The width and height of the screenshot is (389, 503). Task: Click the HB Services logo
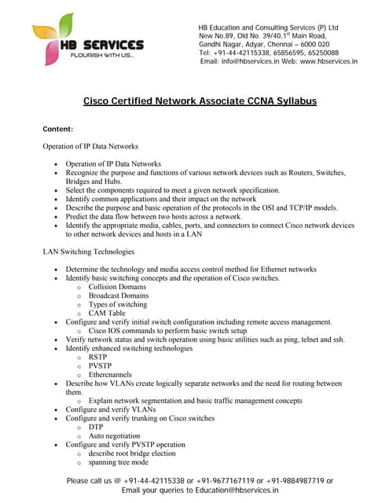[x=87, y=42]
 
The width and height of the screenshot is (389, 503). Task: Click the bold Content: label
[x=57, y=128]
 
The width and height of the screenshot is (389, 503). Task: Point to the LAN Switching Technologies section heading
[x=88, y=252]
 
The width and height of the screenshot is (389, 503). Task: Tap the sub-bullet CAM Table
[x=108, y=313]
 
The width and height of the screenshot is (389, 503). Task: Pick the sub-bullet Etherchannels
[x=110, y=374]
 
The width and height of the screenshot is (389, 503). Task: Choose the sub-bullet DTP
[x=96, y=427]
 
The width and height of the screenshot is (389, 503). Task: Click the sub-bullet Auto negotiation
[x=115, y=435]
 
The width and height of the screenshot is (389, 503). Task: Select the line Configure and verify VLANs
[x=111, y=409]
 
